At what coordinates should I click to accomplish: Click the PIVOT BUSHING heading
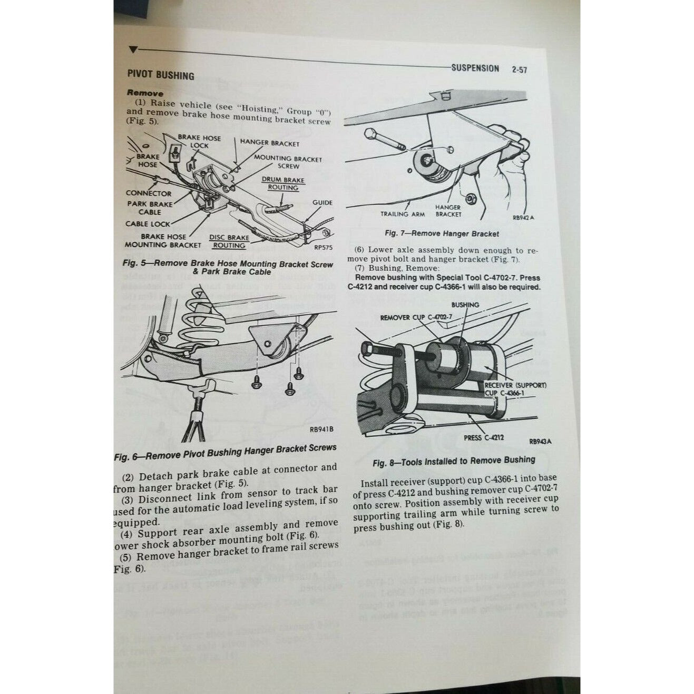tap(160, 75)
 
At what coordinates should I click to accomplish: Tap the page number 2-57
tap(519, 70)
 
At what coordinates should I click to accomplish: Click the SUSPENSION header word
tap(475, 68)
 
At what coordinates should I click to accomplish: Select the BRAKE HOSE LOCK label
tap(199, 141)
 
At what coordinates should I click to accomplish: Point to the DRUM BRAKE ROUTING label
tap(283, 183)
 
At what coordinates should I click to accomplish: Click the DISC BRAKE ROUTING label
tap(229, 241)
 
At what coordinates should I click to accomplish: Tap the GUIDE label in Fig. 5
tap(322, 202)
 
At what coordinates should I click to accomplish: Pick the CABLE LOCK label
tap(148, 223)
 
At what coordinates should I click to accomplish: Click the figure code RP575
tap(323, 246)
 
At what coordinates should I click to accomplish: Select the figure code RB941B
tap(321, 429)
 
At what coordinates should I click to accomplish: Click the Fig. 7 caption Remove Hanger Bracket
tap(442, 233)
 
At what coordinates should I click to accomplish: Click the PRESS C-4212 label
tap(484, 437)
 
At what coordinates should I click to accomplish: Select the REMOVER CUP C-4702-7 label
tap(416, 317)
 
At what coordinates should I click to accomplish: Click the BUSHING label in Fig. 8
tap(465, 305)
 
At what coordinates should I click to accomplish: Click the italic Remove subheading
tap(145, 93)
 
